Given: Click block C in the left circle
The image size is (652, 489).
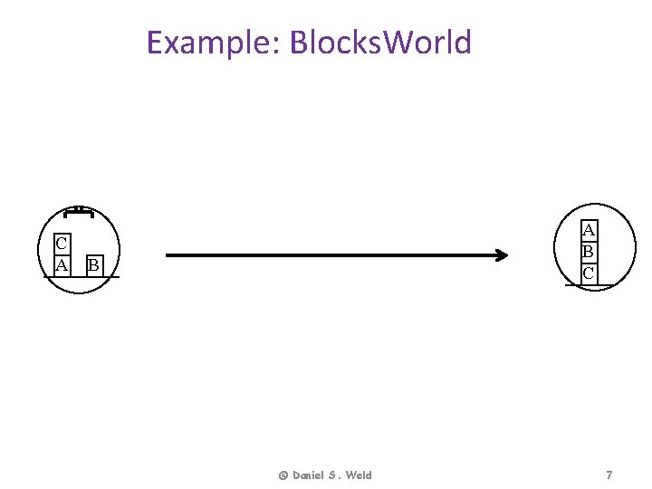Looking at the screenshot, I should point(62,244).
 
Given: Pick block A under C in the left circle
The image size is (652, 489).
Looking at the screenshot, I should point(62,265).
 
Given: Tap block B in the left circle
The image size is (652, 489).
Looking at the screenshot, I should point(92,265).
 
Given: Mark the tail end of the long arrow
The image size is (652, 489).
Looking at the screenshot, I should point(168,255).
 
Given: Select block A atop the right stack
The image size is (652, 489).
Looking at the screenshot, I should point(589,230).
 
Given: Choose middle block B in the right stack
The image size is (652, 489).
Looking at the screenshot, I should point(589,251).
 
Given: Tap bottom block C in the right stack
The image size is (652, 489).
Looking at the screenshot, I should point(589,273).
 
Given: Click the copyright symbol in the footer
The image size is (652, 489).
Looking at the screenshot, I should point(283,475).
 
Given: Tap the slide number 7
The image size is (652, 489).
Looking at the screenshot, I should point(609,475).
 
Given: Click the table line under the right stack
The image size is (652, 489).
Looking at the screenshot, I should point(572,284).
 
